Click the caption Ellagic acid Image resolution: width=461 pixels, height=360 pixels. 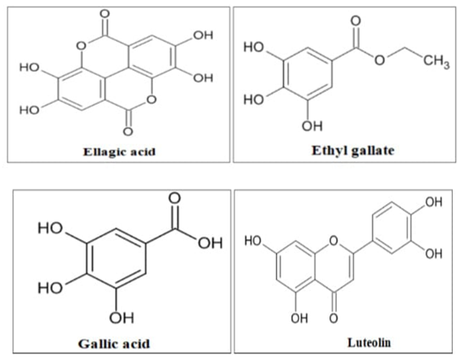pyautogui.click(x=119, y=152)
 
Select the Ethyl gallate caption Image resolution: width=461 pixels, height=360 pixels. pyautogui.click(x=353, y=151)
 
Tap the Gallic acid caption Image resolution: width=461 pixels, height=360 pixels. pyautogui.click(x=114, y=344)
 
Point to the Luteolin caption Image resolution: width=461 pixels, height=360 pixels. pyautogui.click(x=370, y=343)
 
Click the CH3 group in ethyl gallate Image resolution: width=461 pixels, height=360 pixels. pyautogui.click(x=436, y=62)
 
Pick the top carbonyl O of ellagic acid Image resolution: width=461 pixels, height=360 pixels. pyautogui.click(x=105, y=13)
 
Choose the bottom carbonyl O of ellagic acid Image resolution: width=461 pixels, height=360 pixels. pyautogui.click(x=128, y=131)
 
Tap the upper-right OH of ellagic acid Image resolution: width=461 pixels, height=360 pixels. pyautogui.click(x=203, y=35)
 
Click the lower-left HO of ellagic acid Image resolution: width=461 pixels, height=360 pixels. pyautogui.click(x=30, y=110)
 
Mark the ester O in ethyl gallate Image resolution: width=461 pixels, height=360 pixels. pyautogui.click(x=380, y=60)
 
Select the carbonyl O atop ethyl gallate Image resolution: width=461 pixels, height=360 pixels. pyautogui.click(x=356, y=21)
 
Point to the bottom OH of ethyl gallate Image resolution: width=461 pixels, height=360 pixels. pyautogui.click(x=312, y=126)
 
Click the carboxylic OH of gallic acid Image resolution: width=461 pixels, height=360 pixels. pyautogui.click(x=210, y=243)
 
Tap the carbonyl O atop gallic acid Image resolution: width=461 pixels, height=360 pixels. pyautogui.click(x=175, y=199)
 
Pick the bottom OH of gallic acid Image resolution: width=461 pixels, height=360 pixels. pyautogui.click(x=122, y=318)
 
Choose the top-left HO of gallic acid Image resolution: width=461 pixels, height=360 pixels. pyautogui.click(x=50, y=228)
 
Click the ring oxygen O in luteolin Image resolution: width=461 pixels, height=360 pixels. pyautogui.click(x=333, y=241)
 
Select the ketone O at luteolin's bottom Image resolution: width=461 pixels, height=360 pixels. pyautogui.click(x=333, y=318)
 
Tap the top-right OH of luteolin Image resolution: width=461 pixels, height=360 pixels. pyautogui.click(x=434, y=202)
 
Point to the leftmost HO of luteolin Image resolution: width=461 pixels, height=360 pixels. pyautogui.click(x=253, y=241)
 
